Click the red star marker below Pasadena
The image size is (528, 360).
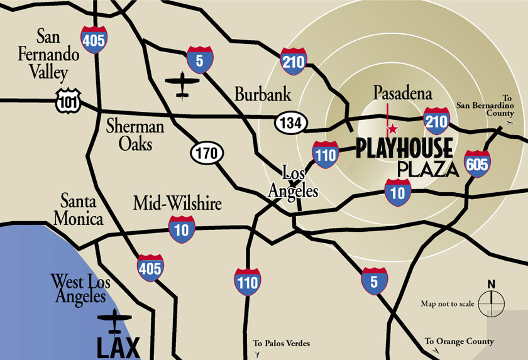[392, 129]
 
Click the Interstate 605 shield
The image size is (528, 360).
[477, 165]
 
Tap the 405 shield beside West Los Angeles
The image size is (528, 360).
[150, 268]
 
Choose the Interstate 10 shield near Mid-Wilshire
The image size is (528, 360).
[182, 229]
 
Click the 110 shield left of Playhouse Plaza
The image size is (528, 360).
[326, 155]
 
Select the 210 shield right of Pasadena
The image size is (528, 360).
[436, 121]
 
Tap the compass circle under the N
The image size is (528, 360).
[491, 305]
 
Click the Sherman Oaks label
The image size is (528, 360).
[135, 135]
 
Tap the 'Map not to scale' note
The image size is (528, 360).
[448, 304]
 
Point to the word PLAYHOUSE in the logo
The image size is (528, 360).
[404, 149]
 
